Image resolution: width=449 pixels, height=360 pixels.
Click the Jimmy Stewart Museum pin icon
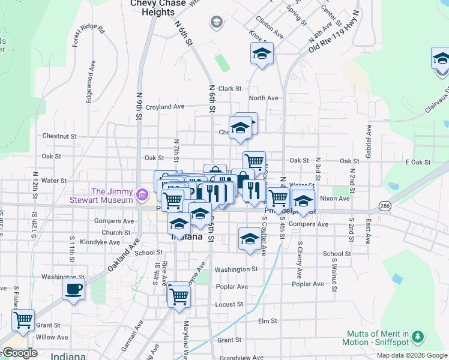pyautogui.click(x=142, y=194)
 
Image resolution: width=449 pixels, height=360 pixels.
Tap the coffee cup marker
pyautogui.click(x=73, y=289)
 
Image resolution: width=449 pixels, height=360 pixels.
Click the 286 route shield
pyautogui.click(x=384, y=206)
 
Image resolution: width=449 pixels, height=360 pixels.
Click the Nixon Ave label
pyautogui.click(x=335, y=197)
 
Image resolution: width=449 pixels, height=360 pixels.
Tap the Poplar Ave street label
pyautogui.click(x=309, y=284)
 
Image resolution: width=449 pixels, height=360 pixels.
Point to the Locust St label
pyautogui.click(x=229, y=305)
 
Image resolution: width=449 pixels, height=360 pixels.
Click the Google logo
pyautogui.click(x=19, y=353)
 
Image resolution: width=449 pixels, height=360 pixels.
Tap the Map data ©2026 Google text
pyautogui.click(x=411, y=355)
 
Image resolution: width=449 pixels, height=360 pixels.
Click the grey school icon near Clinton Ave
pyautogui.click(x=216, y=23)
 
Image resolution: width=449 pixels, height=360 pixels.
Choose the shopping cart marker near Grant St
pyautogui.click(x=23, y=320)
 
